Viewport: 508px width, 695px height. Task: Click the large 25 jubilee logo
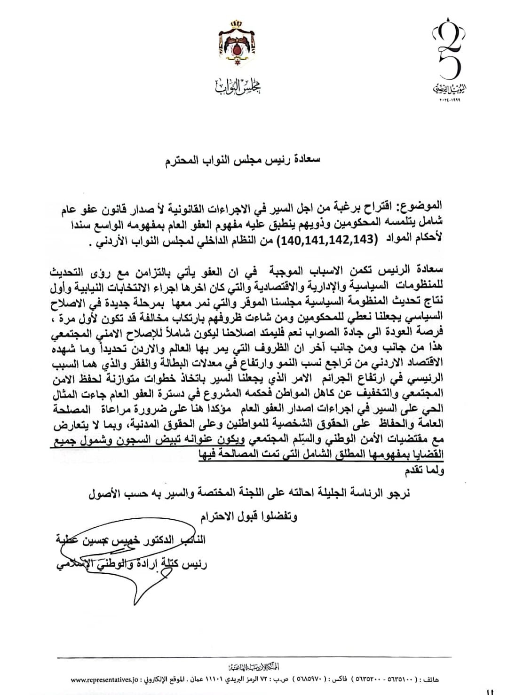point(449,52)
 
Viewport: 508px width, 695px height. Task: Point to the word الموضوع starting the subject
point(421,205)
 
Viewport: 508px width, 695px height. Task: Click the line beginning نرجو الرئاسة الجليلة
point(249,494)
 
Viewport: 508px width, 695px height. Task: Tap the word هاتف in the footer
point(429,679)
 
